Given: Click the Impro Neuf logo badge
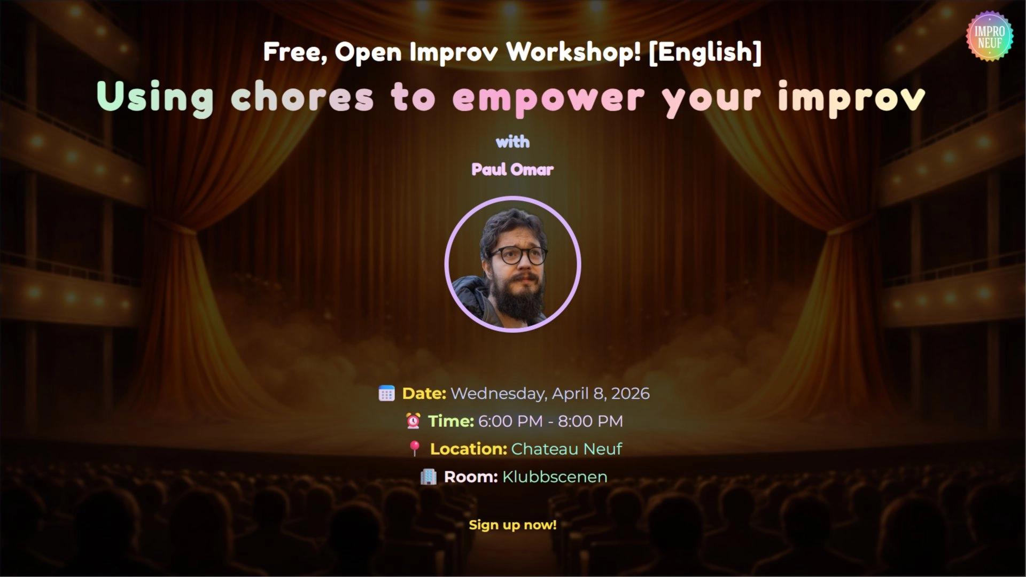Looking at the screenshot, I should (990, 36).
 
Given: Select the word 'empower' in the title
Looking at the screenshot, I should (548, 98).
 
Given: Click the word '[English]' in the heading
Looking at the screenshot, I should (705, 52).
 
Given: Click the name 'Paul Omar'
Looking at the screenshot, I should (512, 169).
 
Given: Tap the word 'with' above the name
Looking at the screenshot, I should (512, 142).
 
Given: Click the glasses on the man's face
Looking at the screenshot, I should (518, 255).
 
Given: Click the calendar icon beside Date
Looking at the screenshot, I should (386, 394).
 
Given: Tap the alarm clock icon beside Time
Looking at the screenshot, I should (413, 421).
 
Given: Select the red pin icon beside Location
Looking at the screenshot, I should (414, 449).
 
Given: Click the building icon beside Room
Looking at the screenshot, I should (428, 477).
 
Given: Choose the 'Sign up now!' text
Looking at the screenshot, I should (512, 525).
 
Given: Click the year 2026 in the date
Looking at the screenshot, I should (630, 394).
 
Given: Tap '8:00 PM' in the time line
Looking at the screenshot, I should (590, 422).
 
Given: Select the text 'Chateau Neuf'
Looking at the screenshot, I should (566, 449).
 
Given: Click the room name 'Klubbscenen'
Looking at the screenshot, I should (555, 477).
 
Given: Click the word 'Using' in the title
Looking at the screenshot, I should (155, 98).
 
